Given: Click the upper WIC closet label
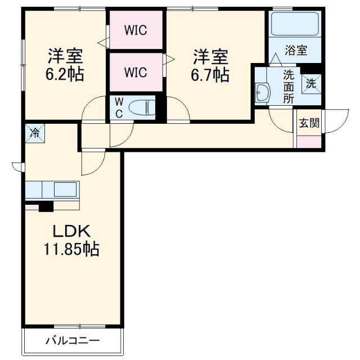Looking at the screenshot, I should (136, 30).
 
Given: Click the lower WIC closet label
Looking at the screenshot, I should (136, 72).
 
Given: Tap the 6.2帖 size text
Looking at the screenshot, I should (65, 74).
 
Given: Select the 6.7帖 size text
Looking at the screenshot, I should (210, 74).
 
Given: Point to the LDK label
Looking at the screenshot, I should (71, 231).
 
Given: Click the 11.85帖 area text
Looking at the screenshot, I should (72, 249).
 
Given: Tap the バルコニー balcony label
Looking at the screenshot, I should (72, 340).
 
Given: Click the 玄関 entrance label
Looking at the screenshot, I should (309, 123).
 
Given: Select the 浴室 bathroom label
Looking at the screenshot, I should (295, 50).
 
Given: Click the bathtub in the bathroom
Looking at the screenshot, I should (295, 25).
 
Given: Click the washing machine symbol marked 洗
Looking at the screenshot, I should (311, 83).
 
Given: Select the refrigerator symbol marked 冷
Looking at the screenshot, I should (35, 133).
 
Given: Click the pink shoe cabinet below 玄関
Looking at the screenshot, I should (309, 141).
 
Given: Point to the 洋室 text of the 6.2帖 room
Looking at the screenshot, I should (65, 57).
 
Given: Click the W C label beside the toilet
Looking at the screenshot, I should (119, 106).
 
